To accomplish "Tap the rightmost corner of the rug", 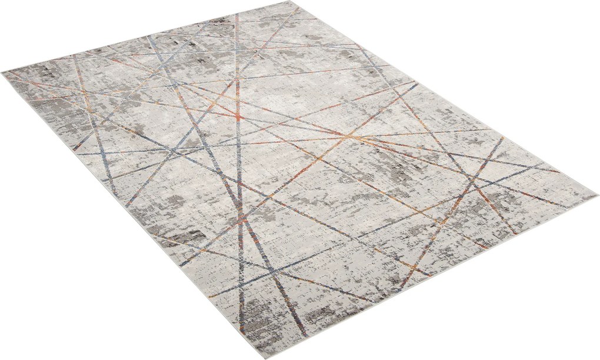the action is point(597,196).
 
